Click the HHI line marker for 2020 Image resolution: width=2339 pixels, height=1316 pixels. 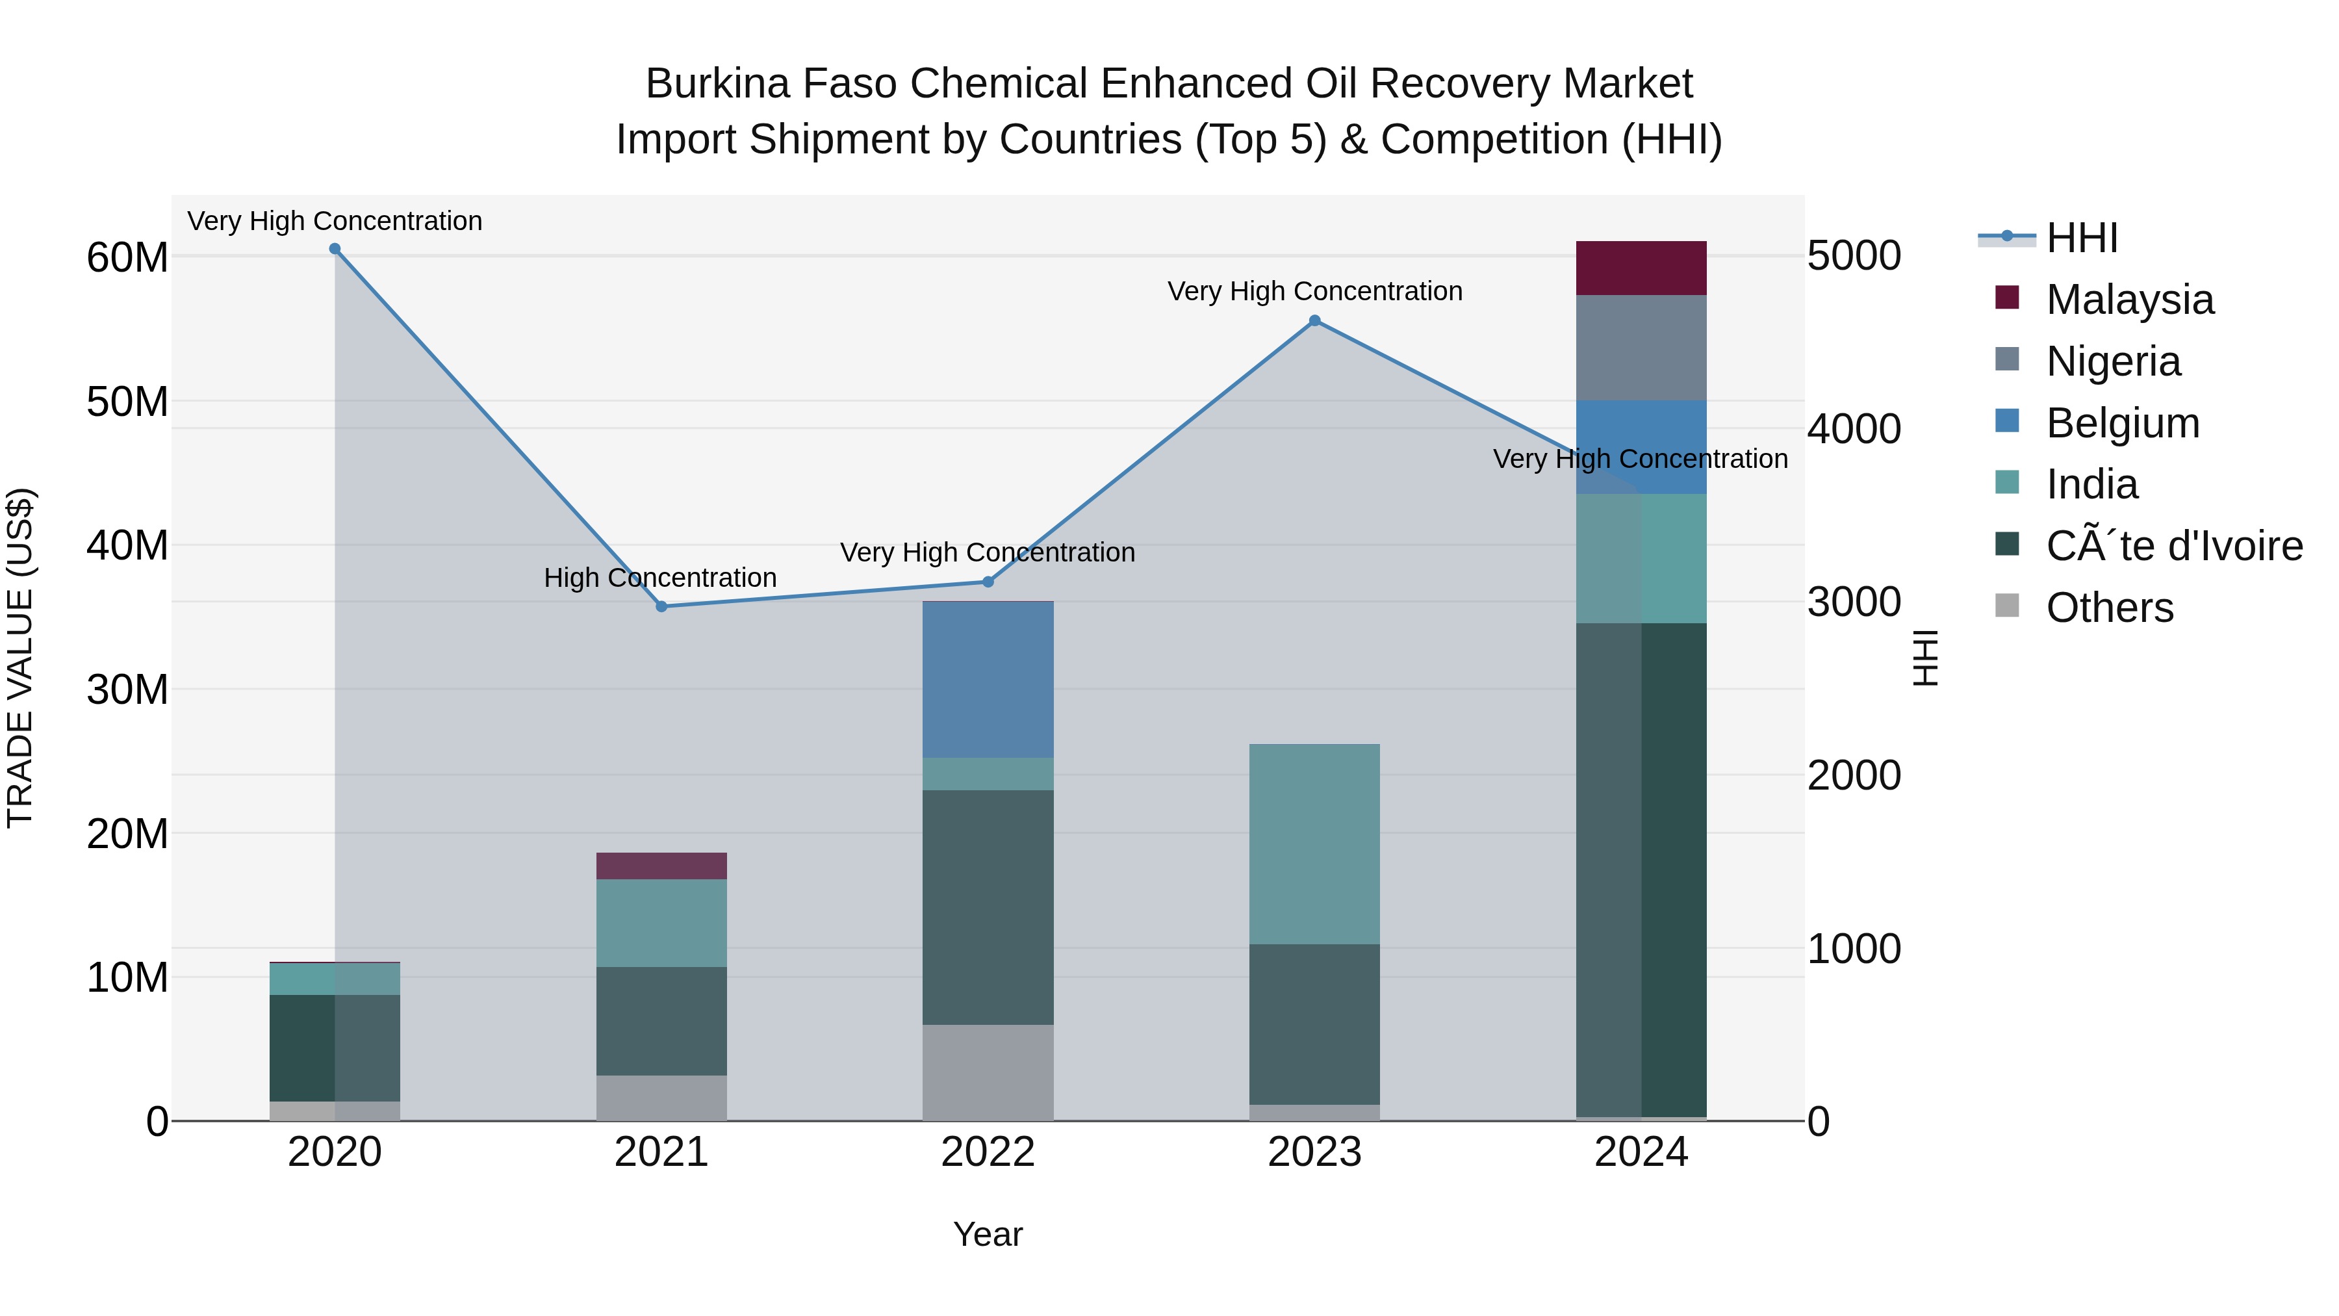(x=335, y=249)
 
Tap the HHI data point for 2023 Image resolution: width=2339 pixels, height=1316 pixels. (x=1315, y=320)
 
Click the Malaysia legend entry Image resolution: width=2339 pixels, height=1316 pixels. (x=2129, y=300)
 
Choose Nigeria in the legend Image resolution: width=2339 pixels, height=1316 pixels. (x=2113, y=361)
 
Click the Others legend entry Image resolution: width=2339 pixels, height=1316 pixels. (x=2109, y=608)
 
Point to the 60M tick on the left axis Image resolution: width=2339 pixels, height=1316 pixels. (x=127, y=258)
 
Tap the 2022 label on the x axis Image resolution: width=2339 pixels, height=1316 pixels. (x=988, y=1152)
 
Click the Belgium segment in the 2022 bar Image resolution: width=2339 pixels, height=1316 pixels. (x=988, y=679)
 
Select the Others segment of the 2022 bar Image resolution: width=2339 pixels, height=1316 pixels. (x=988, y=1072)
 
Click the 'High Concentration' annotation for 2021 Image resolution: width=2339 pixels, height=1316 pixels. (x=660, y=578)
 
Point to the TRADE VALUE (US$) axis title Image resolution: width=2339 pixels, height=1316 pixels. (x=20, y=658)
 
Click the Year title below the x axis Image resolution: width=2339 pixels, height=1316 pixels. (x=988, y=1234)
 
